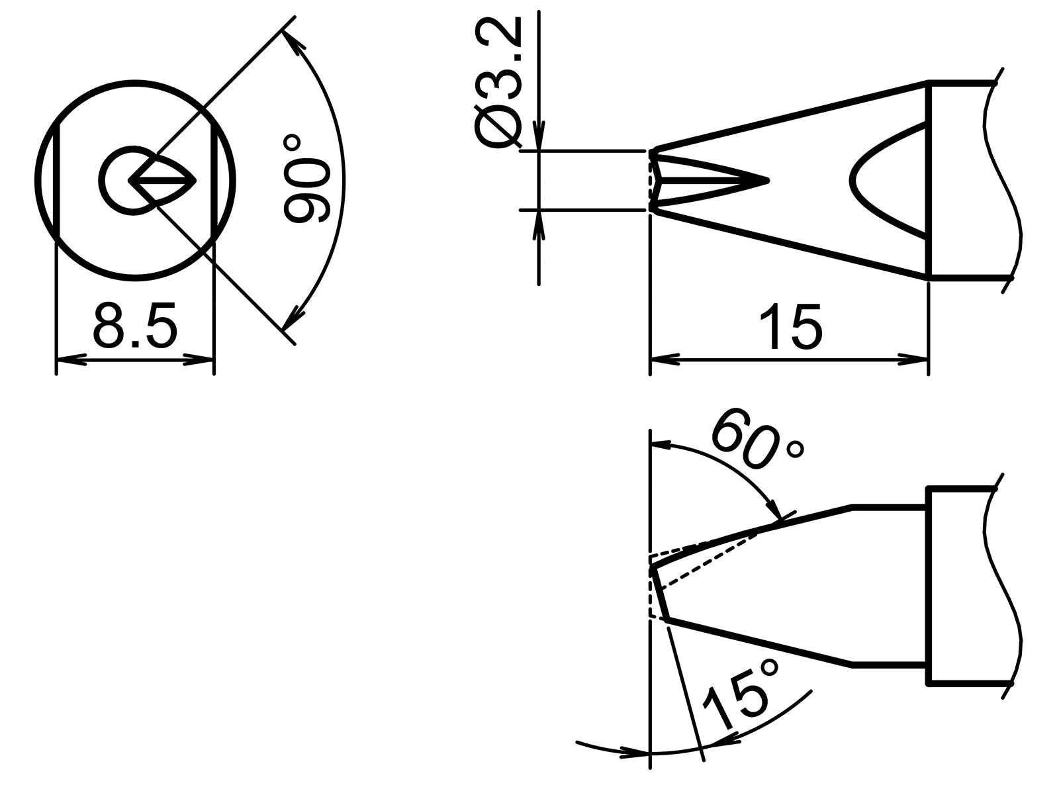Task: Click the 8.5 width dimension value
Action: [136, 326]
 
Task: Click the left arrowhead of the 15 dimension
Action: [665, 360]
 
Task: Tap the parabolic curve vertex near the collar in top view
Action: [852, 179]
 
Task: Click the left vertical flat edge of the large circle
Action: [57, 179]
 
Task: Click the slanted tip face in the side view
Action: [659, 593]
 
